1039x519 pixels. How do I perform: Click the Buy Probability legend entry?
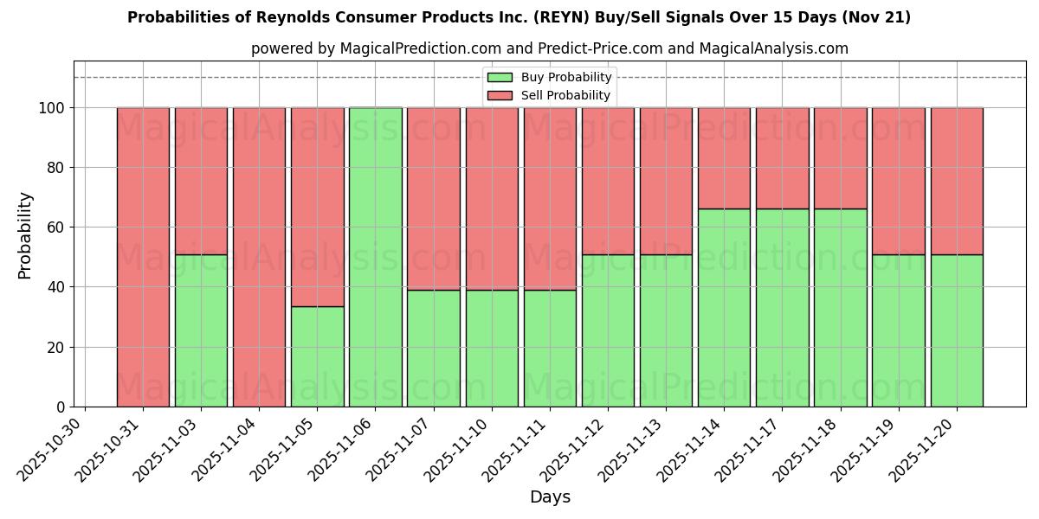565,78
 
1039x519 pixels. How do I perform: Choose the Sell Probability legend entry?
565,95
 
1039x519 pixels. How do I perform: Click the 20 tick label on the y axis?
58,347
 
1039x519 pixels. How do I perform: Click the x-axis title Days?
550,497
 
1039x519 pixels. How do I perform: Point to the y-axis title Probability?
25,234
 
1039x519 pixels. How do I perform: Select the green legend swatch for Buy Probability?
500,78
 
